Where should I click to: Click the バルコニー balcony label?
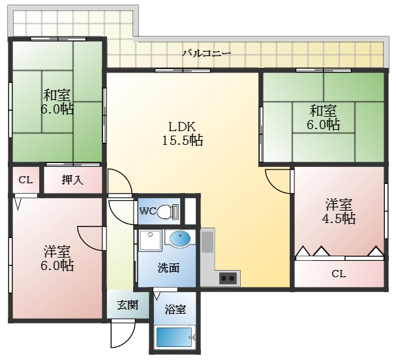207,53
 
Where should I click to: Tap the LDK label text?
182,127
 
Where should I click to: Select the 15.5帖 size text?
182,140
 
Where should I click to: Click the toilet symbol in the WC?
168,211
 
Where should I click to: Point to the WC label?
147,211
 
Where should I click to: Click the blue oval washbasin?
180,238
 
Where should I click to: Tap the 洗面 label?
169,268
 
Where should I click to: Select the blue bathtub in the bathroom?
174,337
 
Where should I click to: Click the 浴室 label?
175,309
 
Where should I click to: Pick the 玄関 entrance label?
127,305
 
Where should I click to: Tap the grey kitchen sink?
207,242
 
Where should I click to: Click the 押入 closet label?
72,180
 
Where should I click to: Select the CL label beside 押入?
25,180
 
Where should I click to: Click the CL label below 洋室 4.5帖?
339,274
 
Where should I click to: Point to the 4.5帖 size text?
339,218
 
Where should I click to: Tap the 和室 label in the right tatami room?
323,110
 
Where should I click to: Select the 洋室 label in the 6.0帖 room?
57,252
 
